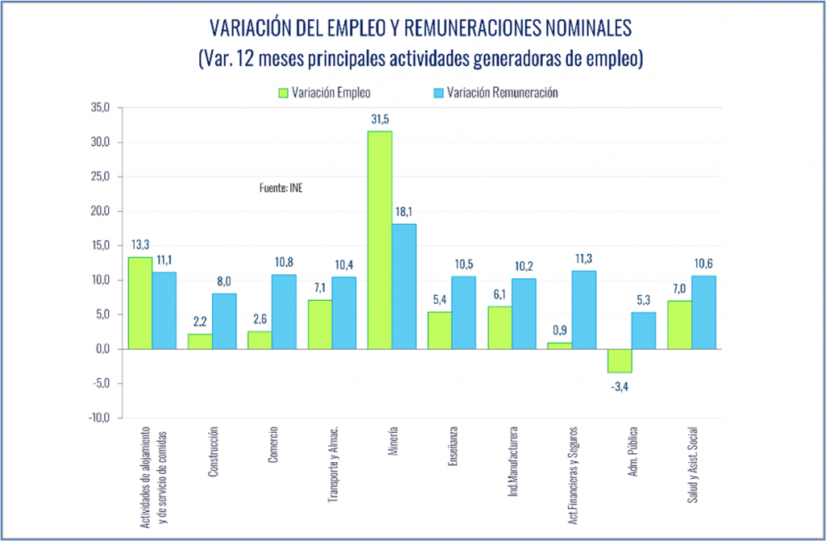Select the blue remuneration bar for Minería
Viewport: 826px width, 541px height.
coord(403,286)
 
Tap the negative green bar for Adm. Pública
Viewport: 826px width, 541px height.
coord(619,360)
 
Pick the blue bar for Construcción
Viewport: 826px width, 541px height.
coord(223,321)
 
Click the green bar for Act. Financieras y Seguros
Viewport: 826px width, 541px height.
coord(560,346)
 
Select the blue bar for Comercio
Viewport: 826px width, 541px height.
coord(283,311)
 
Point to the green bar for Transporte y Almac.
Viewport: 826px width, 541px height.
coord(319,324)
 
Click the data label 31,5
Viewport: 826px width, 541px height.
coord(379,119)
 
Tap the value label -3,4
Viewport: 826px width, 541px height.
coord(619,385)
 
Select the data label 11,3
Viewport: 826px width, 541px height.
coord(583,258)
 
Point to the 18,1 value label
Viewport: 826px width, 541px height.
coord(403,212)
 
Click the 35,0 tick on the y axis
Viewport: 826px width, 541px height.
coord(101,108)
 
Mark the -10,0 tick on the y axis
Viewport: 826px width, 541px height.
coord(99,418)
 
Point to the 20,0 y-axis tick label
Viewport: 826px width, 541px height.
coord(101,211)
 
